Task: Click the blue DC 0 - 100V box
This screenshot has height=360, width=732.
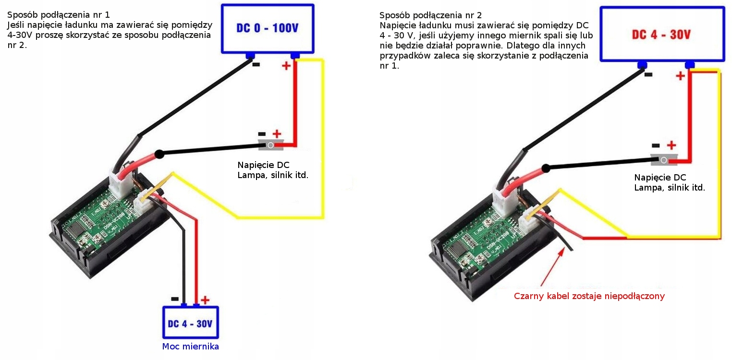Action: [x=267, y=28]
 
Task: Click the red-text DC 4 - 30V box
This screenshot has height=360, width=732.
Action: [x=661, y=34]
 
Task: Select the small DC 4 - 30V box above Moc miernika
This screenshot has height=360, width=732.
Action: [x=190, y=323]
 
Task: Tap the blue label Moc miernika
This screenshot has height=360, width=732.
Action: [x=190, y=347]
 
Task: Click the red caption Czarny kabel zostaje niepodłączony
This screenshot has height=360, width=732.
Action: [x=589, y=296]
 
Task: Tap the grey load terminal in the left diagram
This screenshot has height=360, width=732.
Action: [x=271, y=145]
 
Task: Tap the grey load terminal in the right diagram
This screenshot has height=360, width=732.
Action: [x=664, y=160]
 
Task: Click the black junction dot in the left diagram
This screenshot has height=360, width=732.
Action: [x=159, y=154]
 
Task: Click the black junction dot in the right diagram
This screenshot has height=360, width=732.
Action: [x=546, y=168]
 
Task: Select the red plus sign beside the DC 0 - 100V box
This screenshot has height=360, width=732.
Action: [x=286, y=66]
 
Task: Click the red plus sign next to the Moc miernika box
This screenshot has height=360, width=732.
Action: [x=205, y=300]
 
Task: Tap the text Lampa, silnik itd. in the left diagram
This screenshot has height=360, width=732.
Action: [x=273, y=175]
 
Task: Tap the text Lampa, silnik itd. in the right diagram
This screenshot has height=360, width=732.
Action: [x=670, y=188]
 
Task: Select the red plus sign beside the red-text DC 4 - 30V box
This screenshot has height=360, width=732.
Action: [x=680, y=76]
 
